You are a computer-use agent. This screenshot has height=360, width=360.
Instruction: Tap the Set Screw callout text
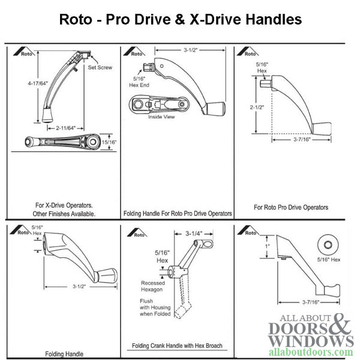[x=100, y=67]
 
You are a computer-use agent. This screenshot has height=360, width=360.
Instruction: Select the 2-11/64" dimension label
[x=65, y=128]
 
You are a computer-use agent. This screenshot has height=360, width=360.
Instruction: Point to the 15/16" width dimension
[x=109, y=142]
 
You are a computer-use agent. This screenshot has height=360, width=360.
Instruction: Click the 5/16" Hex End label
[x=139, y=82]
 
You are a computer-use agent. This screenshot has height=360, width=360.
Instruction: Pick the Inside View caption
[x=161, y=117]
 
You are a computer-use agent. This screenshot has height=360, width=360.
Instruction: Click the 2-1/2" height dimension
[x=257, y=107]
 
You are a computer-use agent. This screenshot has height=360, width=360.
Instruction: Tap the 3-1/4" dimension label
[x=194, y=234]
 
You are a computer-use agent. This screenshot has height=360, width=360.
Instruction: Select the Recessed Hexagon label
[x=152, y=286]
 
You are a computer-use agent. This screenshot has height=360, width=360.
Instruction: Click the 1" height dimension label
[x=268, y=247]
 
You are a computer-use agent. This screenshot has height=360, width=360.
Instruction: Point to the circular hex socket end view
[x=328, y=245]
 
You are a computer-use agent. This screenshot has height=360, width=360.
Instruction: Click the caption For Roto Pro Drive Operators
[x=291, y=208]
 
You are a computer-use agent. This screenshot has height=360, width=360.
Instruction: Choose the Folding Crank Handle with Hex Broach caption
[x=177, y=346]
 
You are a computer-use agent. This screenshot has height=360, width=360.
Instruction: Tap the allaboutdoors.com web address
[x=311, y=352]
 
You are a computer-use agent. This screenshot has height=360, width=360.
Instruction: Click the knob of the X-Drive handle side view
[x=48, y=115]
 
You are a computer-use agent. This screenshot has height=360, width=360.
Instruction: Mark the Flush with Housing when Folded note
[x=155, y=307]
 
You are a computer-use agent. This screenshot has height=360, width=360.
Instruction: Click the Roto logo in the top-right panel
[x=247, y=52]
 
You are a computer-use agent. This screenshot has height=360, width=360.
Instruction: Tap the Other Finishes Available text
[x=64, y=214]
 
